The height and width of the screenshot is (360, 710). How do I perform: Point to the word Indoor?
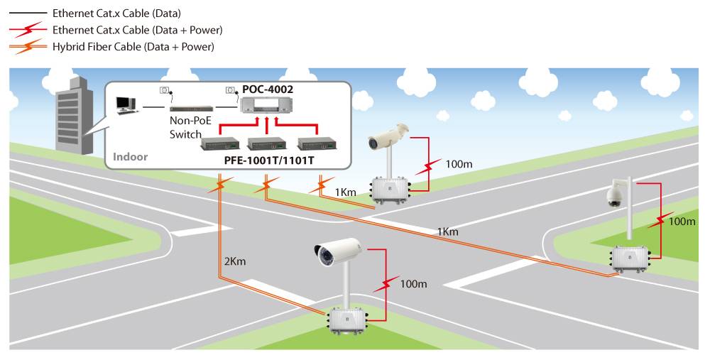pyautogui.click(x=130, y=156)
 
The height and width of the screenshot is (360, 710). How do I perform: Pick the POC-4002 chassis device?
pyautogui.click(x=267, y=107)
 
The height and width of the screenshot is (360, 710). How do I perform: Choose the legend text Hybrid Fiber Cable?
pyautogui.click(x=133, y=46)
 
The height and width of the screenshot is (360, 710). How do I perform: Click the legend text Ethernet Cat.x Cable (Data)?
pyautogui.click(x=117, y=13)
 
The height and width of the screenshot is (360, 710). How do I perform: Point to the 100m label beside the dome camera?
pyautogui.click(x=682, y=222)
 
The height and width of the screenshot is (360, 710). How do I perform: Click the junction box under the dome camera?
pyautogui.click(x=631, y=258)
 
